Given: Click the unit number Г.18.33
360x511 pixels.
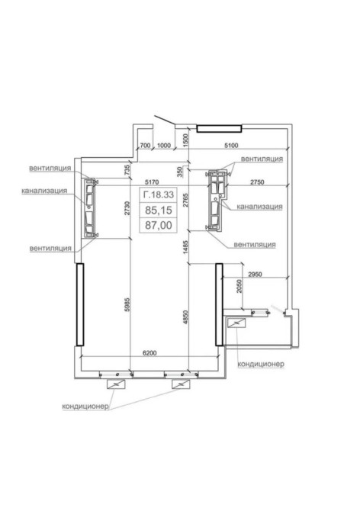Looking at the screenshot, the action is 159,195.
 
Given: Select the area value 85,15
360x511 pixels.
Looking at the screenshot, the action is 159,211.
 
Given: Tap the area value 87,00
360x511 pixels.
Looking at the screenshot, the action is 159,225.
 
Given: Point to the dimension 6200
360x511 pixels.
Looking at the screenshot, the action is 149,353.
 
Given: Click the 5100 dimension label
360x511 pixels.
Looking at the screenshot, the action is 231,146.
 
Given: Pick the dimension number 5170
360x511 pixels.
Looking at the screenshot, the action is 152,182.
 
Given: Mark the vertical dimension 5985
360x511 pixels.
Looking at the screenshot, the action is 127,304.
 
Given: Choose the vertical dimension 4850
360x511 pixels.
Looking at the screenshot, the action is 185,317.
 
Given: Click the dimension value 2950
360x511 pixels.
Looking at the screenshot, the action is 255,275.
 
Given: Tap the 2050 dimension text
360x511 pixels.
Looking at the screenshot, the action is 239,286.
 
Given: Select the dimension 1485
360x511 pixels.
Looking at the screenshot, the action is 185,248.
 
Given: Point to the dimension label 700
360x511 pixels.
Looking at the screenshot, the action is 145,146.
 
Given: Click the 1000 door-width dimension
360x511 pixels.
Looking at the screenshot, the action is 163,146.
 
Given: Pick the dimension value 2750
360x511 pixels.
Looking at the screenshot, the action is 257,182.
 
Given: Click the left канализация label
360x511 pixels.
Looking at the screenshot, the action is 44,191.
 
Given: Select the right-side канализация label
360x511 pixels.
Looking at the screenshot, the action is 259,206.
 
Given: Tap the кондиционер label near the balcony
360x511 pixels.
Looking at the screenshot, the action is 261,364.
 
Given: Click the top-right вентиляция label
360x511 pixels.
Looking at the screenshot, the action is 262,159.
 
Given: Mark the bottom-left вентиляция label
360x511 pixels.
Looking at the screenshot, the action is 50,249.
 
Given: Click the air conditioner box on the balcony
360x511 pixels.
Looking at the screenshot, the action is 236,323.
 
